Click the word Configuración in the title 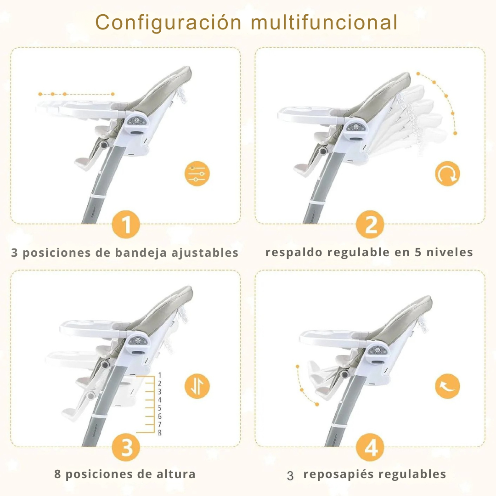(x=168, y=23)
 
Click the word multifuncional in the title (x=324, y=22)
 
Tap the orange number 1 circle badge (x=126, y=224)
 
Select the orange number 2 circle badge (x=370, y=224)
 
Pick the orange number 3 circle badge (x=126, y=447)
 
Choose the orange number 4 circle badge (x=370, y=447)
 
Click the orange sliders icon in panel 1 (x=197, y=174)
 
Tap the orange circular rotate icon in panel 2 (x=447, y=174)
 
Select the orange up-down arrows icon (x=197, y=386)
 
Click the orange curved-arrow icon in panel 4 (x=447, y=386)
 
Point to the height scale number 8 (x=160, y=433)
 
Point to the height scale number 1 (x=160, y=375)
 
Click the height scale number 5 (x=160, y=408)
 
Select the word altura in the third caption (x=176, y=474)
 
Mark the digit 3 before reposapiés (x=290, y=476)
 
